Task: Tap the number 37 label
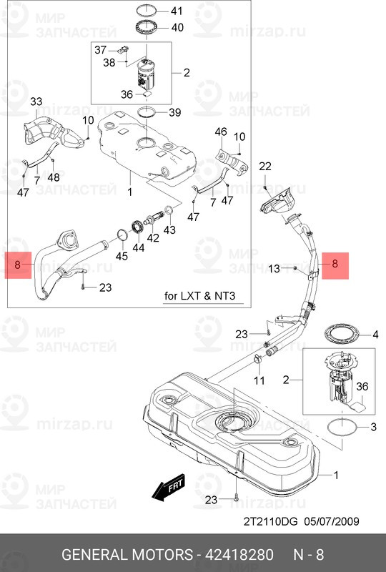[101, 49]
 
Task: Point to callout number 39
[175, 112]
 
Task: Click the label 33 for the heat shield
[36, 103]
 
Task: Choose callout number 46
[221, 132]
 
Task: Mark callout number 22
[265, 166]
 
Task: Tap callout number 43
[169, 230]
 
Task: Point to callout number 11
[260, 379]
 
